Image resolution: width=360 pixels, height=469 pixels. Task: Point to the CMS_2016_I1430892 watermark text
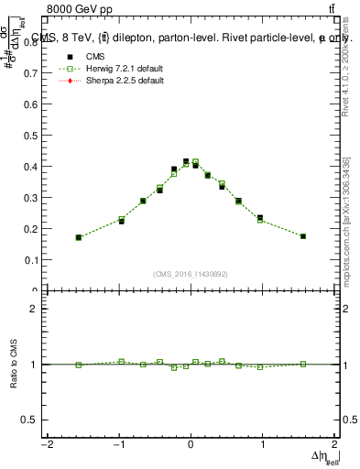191,273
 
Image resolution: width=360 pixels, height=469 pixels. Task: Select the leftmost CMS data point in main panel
79,237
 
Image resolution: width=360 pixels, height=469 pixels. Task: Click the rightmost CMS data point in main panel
302,236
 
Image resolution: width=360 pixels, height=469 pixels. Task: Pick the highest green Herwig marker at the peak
195,162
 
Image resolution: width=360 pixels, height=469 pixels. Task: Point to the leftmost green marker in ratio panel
79,365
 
